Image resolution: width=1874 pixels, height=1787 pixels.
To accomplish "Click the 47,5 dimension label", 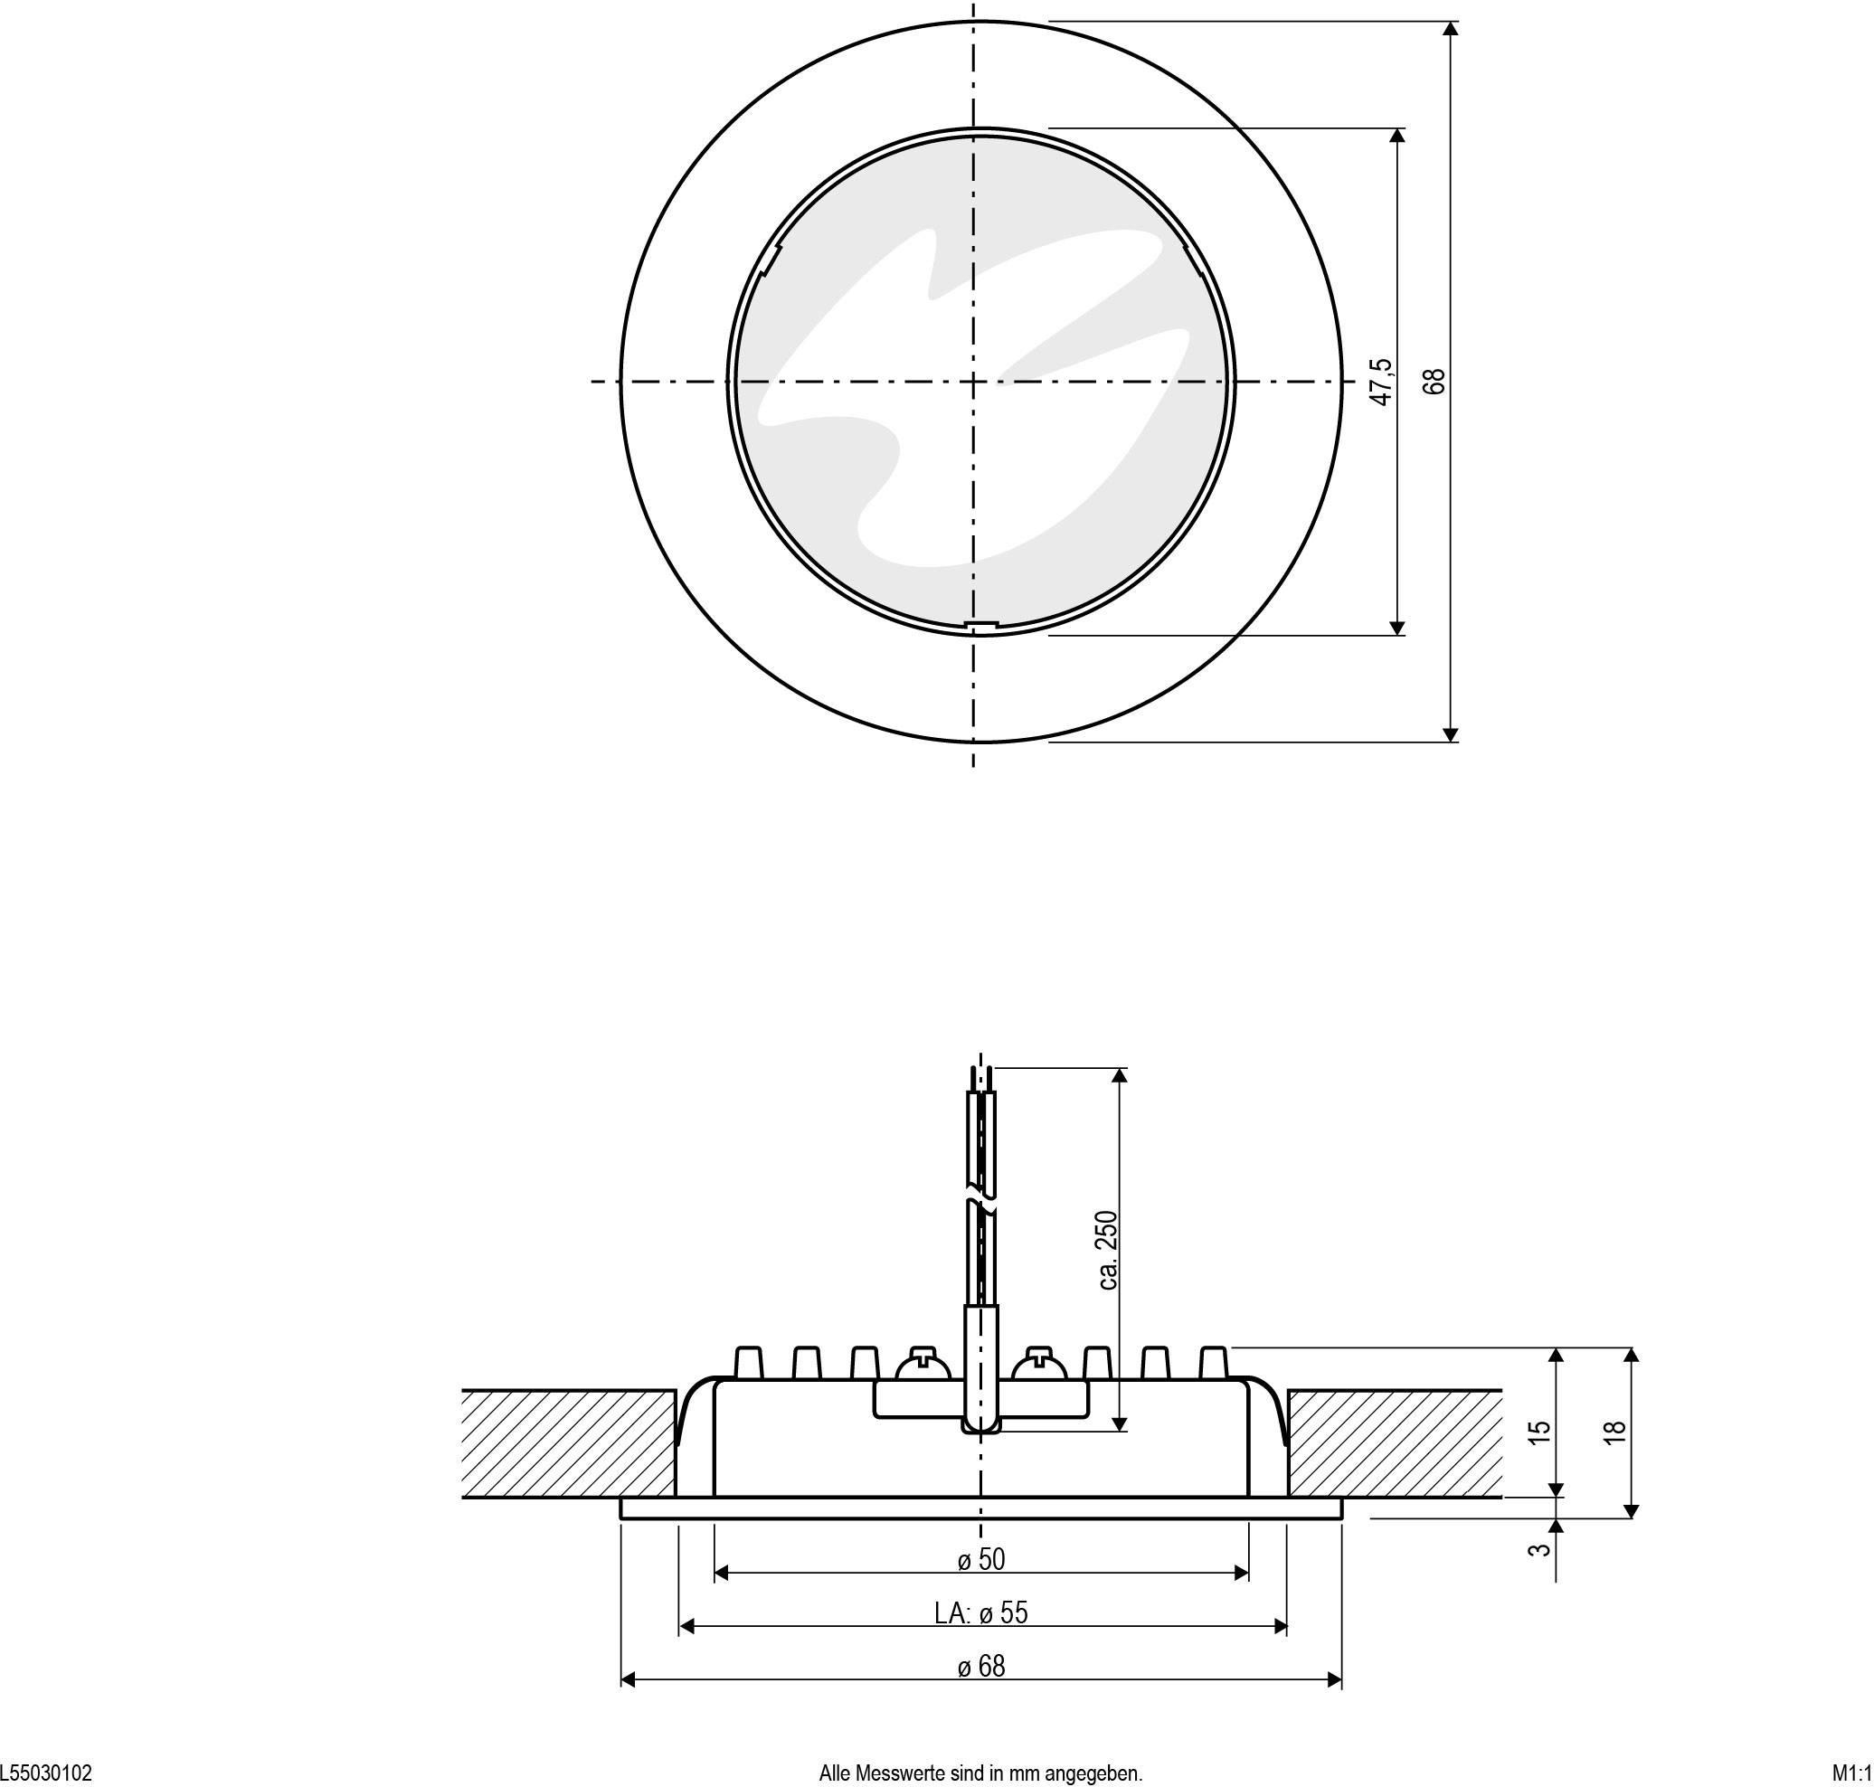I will click(x=1382, y=382).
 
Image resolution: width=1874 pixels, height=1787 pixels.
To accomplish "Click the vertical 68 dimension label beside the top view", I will click(x=1434, y=381).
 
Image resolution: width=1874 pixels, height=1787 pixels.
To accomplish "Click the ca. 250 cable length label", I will click(x=1107, y=1250).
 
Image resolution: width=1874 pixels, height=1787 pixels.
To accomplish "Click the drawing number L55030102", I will click(x=47, y=1773).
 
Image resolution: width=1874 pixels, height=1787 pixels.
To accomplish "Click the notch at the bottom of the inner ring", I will click(x=980, y=625).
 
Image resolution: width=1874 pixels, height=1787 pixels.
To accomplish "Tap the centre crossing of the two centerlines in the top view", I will click(x=973, y=382).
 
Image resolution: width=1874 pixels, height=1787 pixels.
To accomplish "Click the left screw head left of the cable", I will click(x=923, y=1365).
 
